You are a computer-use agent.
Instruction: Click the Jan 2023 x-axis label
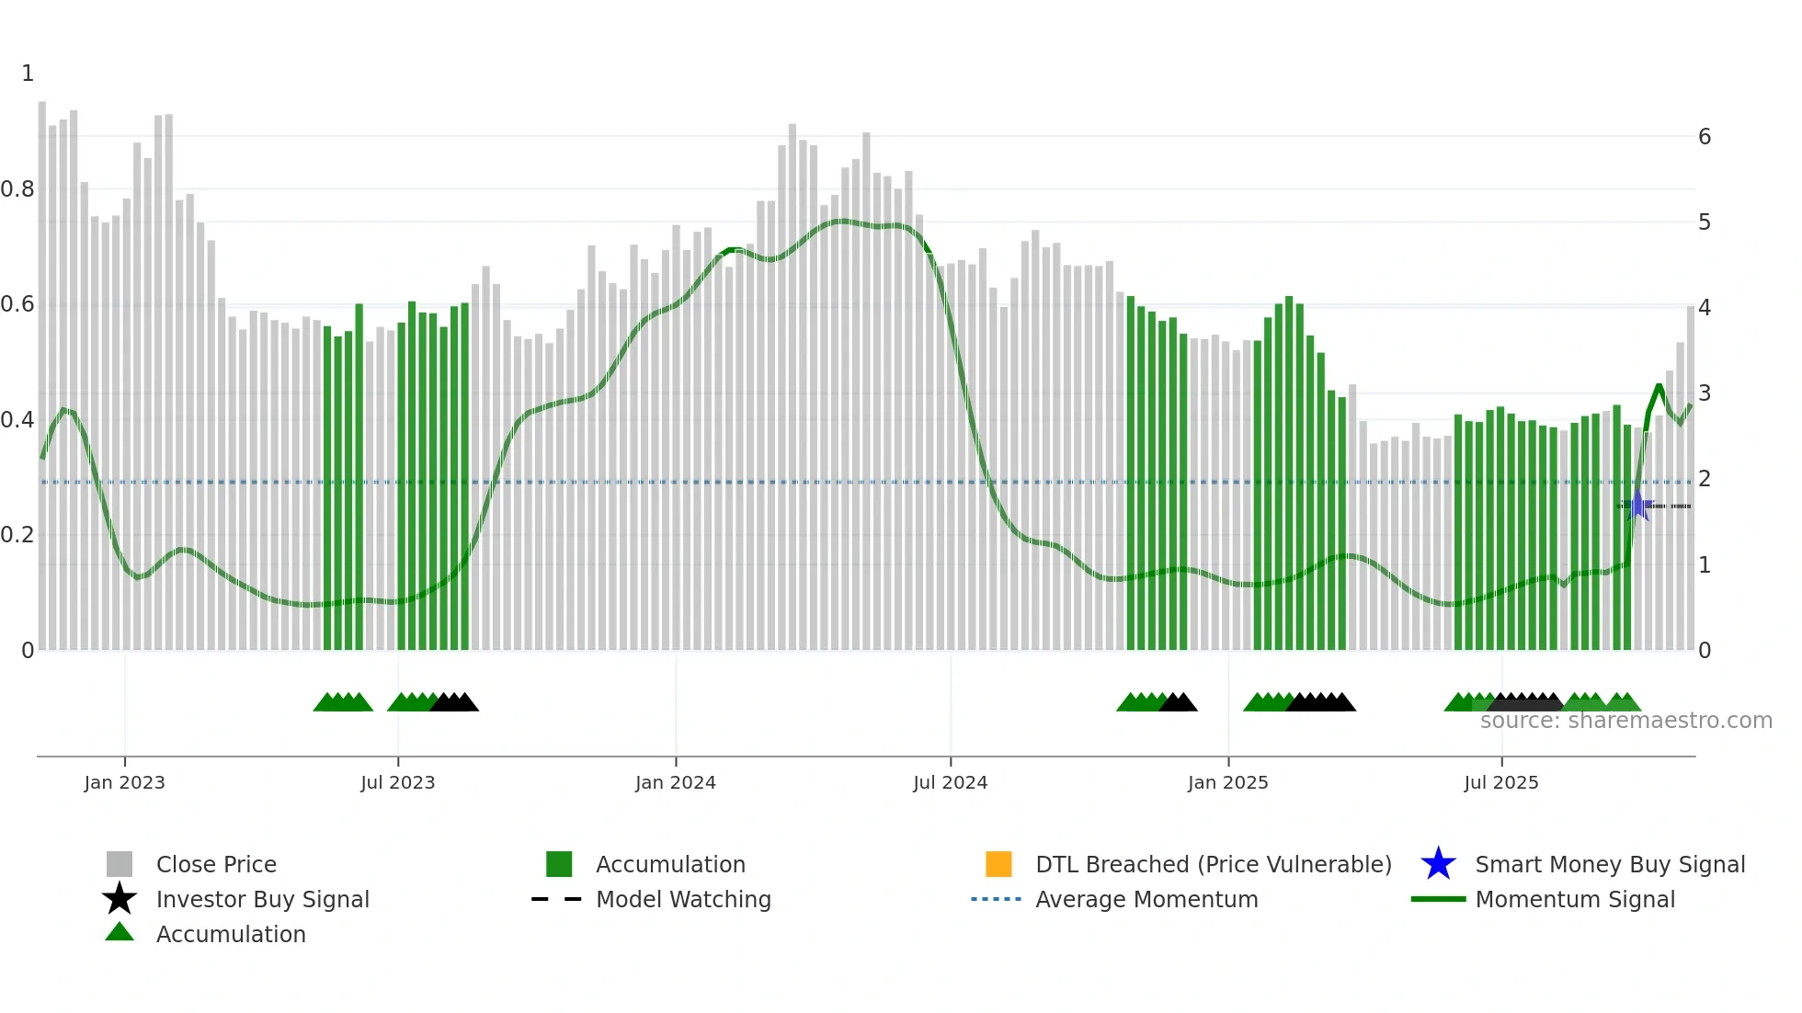click(124, 782)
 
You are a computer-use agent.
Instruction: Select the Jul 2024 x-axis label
click(950, 782)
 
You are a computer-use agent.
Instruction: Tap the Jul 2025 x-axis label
click(1500, 782)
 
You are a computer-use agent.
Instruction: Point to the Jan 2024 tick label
click(675, 782)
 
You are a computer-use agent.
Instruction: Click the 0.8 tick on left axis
click(17, 189)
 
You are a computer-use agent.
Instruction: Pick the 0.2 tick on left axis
click(17, 535)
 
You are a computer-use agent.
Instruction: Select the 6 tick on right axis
click(1705, 137)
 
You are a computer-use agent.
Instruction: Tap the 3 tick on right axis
click(1705, 393)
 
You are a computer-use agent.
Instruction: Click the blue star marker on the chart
click(1637, 506)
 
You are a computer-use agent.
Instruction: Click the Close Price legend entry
click(216, 864)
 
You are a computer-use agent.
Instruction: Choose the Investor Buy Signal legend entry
click(262, 899)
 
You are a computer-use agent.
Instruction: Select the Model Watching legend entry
click(683, 899)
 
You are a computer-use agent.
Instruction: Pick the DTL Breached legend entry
click(1213, 864)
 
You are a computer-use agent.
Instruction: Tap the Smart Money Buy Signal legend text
click(1610, 864)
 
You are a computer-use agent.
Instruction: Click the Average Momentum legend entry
click(1146, 899)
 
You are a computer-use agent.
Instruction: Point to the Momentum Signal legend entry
click(1575, 899)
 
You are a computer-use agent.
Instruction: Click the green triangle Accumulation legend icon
click(120, 932)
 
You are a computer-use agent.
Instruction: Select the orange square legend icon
click(998, 864)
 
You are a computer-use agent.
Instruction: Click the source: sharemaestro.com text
click(1625, 721)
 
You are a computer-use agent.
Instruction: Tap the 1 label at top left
click(28, 74)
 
